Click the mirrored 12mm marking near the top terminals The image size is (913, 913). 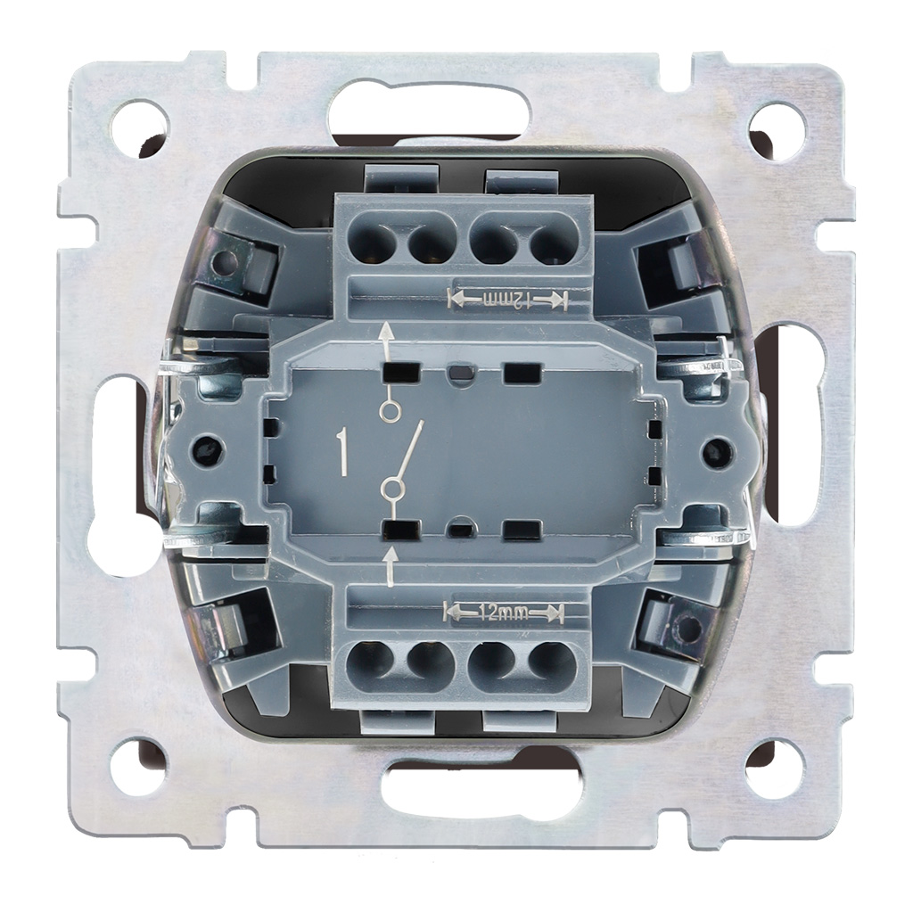[507, 300]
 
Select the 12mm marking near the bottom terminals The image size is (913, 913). [505, 612]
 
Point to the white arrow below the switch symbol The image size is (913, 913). [391, 565]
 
